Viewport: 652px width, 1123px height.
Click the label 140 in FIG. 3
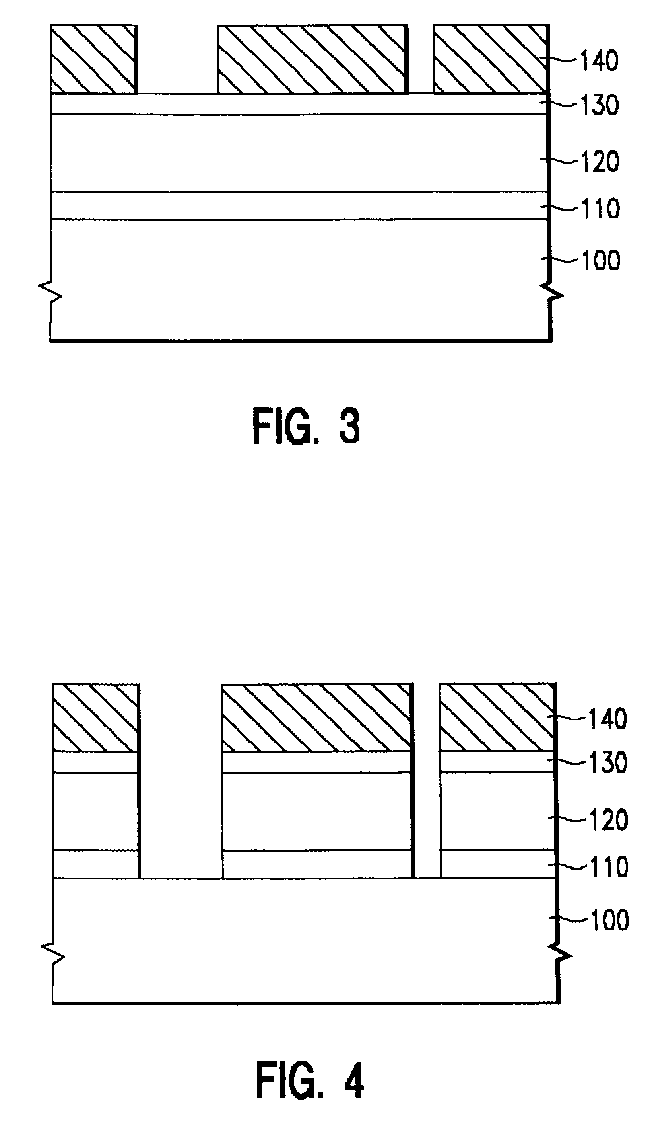tap(600, 60)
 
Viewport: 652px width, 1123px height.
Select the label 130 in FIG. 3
tap(600, 105)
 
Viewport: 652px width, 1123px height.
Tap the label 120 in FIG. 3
tap(600, 161)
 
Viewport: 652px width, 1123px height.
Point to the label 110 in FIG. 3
tap(601, 209)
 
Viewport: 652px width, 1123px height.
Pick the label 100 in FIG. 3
tap(601, 260)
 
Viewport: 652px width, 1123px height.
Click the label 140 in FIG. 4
tap(608, 719)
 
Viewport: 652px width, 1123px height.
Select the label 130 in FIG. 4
tap(608, 762)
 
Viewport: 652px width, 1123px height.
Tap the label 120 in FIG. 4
tap(609, 819)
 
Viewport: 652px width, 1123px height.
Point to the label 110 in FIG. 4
tap(609, 867)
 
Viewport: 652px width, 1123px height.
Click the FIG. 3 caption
tap(306, 427)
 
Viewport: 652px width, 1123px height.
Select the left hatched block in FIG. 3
tap(93, 59)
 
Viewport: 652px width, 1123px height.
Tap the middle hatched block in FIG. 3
tap(312, 59)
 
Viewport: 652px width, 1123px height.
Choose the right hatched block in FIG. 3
tap(490, 59)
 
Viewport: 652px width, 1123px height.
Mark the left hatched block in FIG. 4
tap(95, 718)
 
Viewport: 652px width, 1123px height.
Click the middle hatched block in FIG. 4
tap(316, 718)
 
